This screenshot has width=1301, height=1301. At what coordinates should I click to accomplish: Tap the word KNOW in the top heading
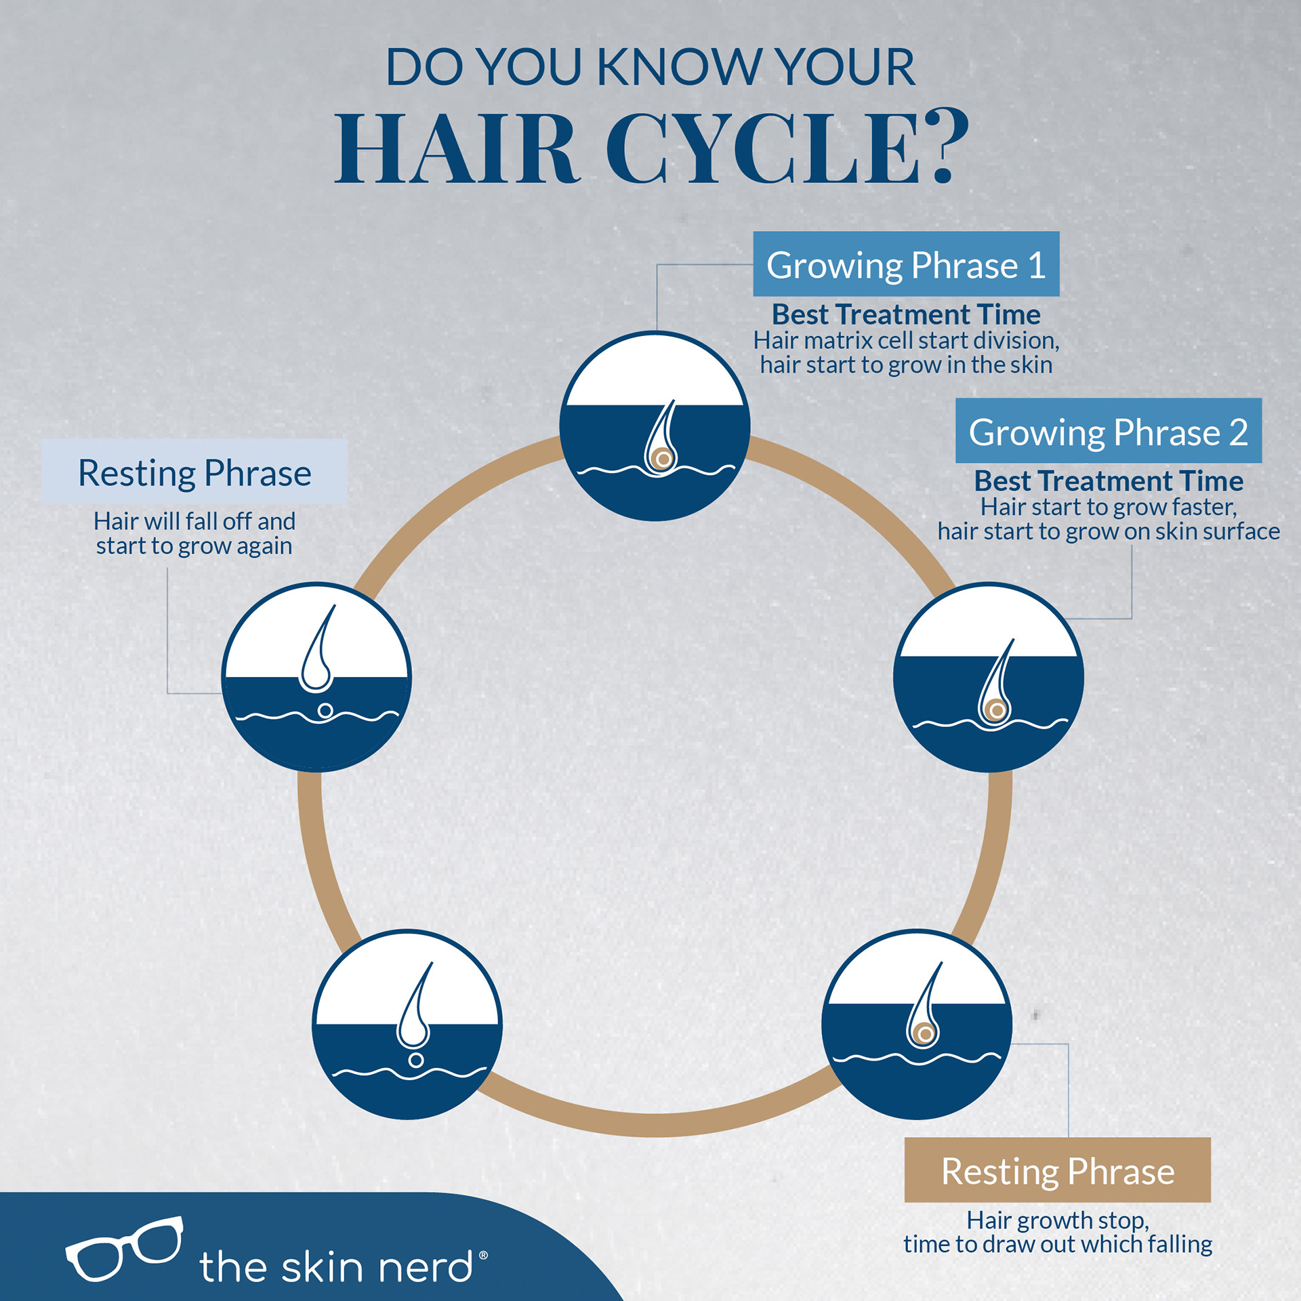pyautogui.click(x=679, y=67)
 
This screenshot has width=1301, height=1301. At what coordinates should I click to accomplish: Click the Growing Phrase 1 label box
pyautogui.click(x=906, y=264)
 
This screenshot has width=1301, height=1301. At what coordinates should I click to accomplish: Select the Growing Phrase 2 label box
pyautogui.click(x=1108, y=431)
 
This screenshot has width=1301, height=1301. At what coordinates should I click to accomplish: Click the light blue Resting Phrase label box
pyautogui.click(x=194, y=472)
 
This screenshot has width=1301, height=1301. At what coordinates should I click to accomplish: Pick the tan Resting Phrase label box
pyautogui.click(x=1057, y=1170)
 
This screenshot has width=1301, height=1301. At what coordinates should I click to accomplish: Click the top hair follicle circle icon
pyautogui.click(x=655, y=426)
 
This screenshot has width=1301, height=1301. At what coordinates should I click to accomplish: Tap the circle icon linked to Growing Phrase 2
pyautogui.click(x=988, y=677)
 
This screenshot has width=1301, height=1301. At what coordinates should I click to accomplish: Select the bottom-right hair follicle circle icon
pyautogui.click(x=916, y=1024)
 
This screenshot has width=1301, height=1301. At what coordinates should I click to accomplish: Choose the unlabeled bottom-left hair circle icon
pyautogui.click(x=407, y=1024)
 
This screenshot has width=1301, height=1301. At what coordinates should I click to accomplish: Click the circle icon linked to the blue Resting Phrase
pyautogui.click(x=316, y=677)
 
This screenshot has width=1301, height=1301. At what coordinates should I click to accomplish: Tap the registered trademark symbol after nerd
pyautogui.click(x=483, y=1255)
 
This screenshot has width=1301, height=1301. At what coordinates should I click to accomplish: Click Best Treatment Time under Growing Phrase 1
pyautogui.click(x=906, y=314)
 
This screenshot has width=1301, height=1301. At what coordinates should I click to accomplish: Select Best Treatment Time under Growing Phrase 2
pyautogui.click(x=1109, y=481)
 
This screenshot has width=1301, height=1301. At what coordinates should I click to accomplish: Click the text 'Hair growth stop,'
pyautogui.click(x=1057, y=1220)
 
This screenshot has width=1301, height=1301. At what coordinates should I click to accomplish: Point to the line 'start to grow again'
pyautogui.click(x=194, y=546)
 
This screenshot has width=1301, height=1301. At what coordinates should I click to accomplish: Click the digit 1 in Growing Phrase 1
pyautogui.click(x=1037, y=265)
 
